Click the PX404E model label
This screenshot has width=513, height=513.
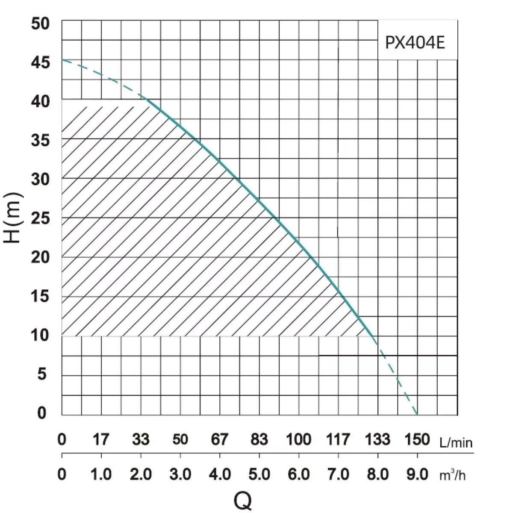coord(415,43)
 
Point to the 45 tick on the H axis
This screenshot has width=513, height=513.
coord(41,63)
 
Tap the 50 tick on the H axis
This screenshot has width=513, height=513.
coord(41,24)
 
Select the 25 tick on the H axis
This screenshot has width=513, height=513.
coord(41,218)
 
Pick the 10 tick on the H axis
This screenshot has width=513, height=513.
coord(41,336)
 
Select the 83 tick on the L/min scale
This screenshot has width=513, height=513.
coord(259,439)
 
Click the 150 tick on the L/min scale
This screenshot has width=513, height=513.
coord(417,439)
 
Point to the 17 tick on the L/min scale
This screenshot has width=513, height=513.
coord(101,439)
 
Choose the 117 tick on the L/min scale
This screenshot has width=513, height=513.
coord(338,439)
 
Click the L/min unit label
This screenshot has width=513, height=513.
coord(456,442)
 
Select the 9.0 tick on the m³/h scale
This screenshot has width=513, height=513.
coord(417,475)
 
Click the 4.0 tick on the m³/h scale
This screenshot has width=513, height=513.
coord(220,475)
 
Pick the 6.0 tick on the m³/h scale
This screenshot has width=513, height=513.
coord(299,475)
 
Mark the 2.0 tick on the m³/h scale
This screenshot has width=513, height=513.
coord(141,475)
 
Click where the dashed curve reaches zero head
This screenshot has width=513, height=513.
coord(417,414)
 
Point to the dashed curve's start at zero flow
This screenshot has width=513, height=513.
coord(62,60)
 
